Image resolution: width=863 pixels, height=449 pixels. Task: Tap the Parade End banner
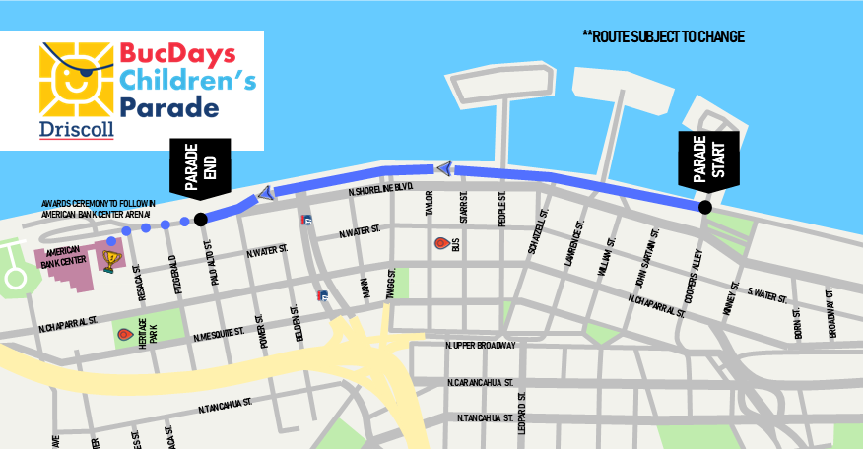tap(200, 165)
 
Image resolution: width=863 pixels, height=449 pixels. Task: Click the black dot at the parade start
tap(704, 207)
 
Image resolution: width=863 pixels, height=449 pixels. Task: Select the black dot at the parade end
tap(200, 219)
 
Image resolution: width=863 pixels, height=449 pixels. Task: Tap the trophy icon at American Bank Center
tap(111, 259)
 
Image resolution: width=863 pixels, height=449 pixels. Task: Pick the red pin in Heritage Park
tap(124, 335)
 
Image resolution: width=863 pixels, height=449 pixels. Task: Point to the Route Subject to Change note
tap(663, 37)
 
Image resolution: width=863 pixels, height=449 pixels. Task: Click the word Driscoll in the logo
tap(76, 129)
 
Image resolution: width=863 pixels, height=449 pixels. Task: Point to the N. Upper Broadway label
tap(481, 346)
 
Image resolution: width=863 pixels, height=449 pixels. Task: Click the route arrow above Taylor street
tap(444, 169)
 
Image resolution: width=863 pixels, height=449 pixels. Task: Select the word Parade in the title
tap(168, 106)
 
